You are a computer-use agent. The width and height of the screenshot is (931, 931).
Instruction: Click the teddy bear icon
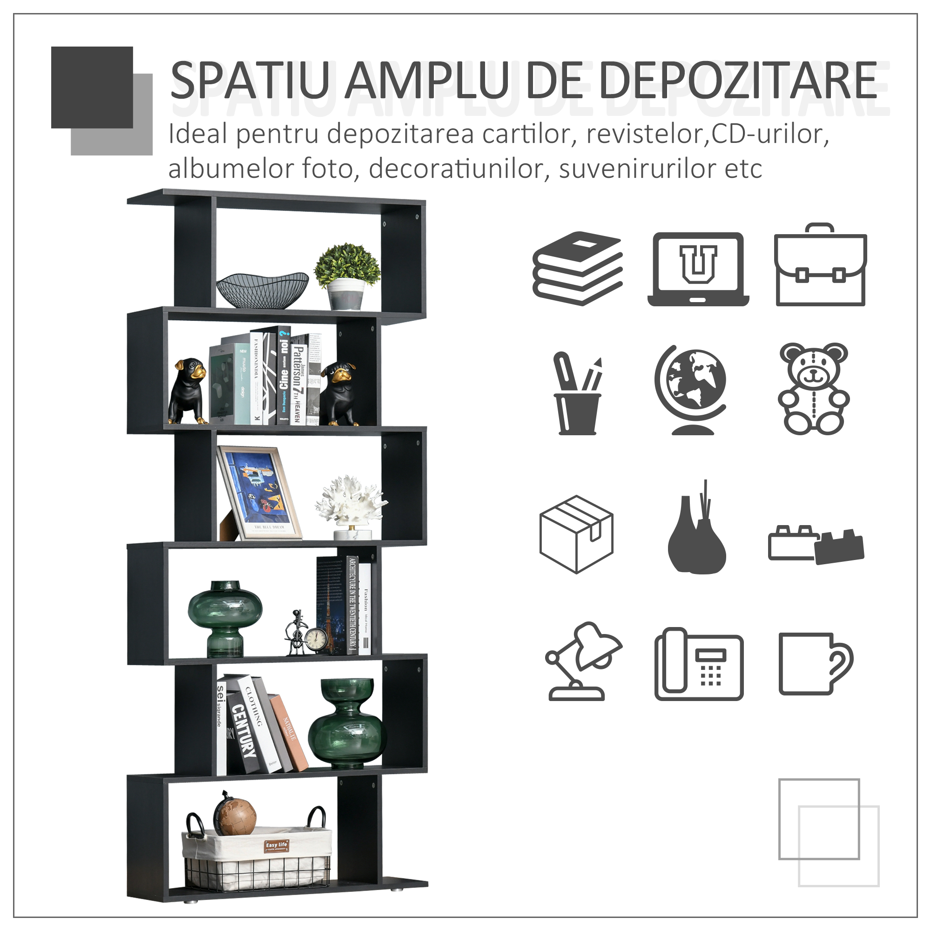point(813,389)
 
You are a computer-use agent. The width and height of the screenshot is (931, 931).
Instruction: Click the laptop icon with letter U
point(698,269)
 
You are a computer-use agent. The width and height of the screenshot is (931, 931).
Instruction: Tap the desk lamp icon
point(582,661)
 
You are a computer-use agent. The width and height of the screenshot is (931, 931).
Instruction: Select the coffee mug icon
point(813,664)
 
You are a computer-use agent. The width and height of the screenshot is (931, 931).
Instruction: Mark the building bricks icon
point(816,545)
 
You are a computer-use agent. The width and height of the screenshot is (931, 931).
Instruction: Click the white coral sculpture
point(351,504)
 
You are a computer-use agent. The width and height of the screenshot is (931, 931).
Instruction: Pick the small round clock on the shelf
point(317,640)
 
